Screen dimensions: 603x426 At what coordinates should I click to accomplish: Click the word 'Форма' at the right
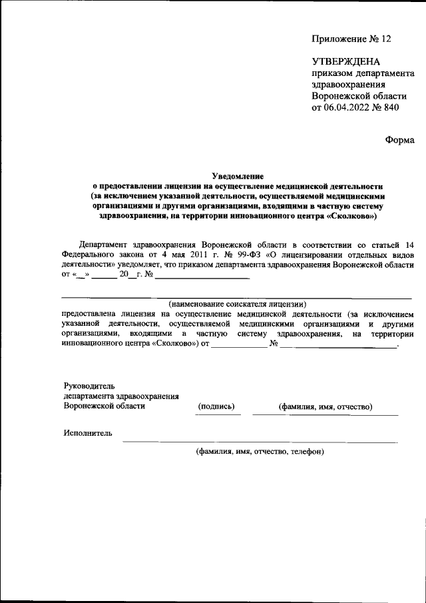[399, 140]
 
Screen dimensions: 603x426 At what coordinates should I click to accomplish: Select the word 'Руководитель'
[89, 386]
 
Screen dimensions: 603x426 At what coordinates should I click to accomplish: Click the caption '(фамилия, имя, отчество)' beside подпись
[325, 406]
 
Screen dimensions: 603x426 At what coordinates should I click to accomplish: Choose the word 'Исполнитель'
[88, 433]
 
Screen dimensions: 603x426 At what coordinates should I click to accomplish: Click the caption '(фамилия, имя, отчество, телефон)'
[260, 451]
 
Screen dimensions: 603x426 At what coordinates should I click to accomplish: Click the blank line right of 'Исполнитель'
[260, 441]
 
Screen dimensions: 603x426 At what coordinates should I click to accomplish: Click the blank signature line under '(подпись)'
[218, 414]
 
